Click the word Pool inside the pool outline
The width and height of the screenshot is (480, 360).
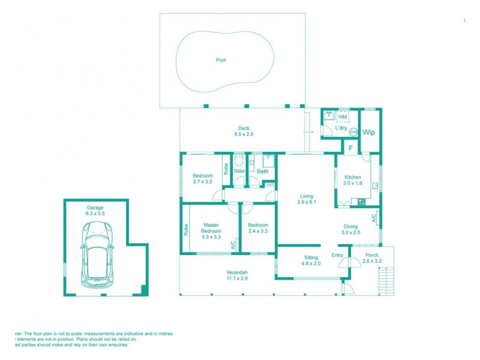[x=221, y=60]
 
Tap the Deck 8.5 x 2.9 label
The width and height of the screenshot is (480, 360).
[x=244, y=131]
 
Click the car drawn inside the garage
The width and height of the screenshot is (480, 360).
[x=96, y=251]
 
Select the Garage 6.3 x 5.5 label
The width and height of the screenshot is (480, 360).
[x=95, y=211]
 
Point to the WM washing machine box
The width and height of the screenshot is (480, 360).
[x=342, y=117]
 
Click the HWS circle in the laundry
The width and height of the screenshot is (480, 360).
[x=353, y=132]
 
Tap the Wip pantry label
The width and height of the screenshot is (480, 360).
[x=368, y=133]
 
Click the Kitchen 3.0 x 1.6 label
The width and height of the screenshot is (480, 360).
[x=352, y=181]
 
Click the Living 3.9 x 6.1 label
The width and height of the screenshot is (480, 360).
[x=307, y=199]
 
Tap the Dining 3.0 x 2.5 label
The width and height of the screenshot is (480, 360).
[x=350, y=229]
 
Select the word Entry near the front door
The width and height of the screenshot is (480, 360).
[x=337, y=256]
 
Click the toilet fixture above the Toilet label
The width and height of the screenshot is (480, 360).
[x=239, y=160]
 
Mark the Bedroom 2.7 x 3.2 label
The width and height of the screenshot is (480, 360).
[x=203, y=178]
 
